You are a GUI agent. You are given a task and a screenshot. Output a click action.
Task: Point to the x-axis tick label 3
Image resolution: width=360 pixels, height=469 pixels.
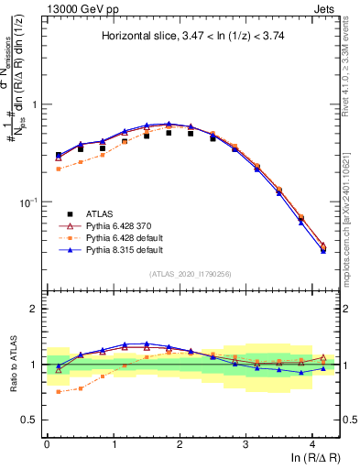pos(245,443)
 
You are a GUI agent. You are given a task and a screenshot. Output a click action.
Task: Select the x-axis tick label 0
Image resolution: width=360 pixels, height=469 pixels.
pos(47,443)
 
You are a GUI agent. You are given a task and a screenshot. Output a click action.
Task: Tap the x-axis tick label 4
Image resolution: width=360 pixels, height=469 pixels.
pos(311,443)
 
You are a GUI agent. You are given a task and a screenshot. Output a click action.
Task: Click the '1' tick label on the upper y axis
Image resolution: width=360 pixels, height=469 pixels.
pos(38,105)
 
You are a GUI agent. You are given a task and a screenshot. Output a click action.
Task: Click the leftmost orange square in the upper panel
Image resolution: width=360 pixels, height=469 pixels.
pos(59,169)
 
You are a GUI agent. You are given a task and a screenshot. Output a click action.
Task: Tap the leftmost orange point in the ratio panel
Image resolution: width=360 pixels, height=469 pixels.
pos(59,392)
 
